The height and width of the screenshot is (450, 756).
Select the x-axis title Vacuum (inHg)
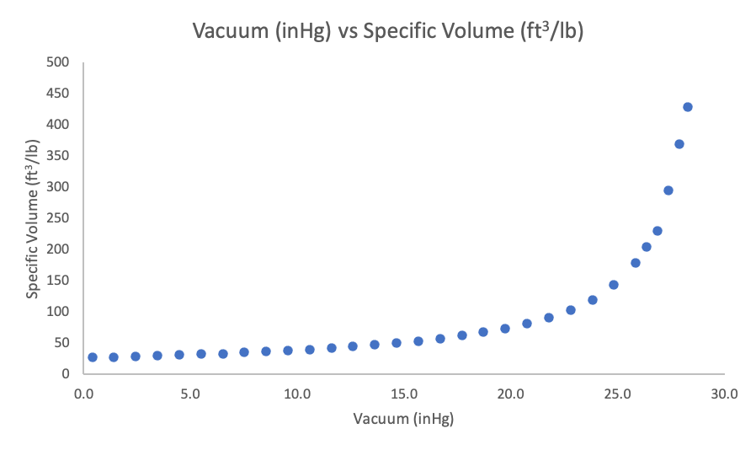(404, 419)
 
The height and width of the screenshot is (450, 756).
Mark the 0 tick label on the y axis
(64, 373)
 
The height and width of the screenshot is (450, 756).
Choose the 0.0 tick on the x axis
(83, 394)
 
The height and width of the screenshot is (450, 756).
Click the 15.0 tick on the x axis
(404, 394)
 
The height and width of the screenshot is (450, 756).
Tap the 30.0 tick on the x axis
(725, 394)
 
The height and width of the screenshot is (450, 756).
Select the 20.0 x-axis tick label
(511, 394)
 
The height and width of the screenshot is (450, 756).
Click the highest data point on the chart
(688, 107)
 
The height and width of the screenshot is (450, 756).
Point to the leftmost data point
(93, 357)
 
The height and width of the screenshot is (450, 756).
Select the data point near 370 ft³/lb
(679, 144)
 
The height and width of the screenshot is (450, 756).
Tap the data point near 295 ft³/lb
(668, 190)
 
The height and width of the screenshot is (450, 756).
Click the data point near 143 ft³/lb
(614, 285)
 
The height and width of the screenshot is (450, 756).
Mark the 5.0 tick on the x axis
(190, 394)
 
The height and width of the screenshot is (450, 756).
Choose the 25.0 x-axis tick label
(618, 394)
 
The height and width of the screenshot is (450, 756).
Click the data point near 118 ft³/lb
(593, 300)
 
